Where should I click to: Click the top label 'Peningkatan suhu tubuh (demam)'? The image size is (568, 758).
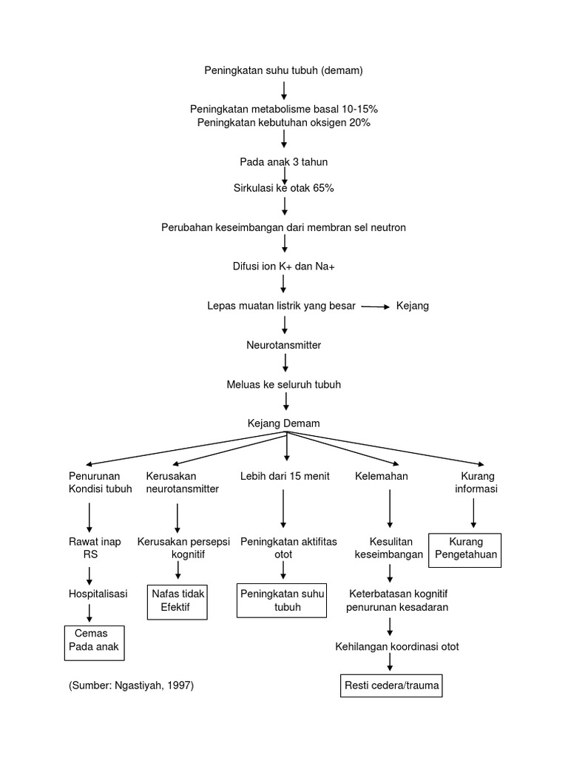pyautogui.click(x=284, y=70)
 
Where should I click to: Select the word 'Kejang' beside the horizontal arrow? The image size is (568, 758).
pyautogui.click(x=413, y=305)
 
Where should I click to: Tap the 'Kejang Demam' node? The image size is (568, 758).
pyautogui.click(x=284, y=423)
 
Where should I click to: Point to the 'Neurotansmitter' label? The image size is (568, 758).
pyautogui.click(x=284, y=345)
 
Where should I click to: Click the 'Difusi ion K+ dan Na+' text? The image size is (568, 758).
pyautogui.click(x=284, y=266)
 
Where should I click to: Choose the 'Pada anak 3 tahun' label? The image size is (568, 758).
pyautogui.click(x=284, y=162)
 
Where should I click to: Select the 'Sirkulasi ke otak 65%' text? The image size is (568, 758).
pyautogui.click(x=284, y=188)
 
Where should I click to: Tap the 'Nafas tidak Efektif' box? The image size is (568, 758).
pyautogui.click(x=177, y=600)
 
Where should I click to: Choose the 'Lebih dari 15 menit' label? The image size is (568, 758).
pyautogui.click(x=285, y=475)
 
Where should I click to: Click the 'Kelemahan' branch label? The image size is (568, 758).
pyautogui.click(x=382, y=475)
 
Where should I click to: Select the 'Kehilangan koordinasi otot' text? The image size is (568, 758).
pyautogui.click(x=397, y=646)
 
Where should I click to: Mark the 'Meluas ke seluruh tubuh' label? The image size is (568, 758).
pyautogui.click(x=284, y=385)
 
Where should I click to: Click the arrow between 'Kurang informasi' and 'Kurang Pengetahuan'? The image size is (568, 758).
pyautogui.click(x=474, y=514)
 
